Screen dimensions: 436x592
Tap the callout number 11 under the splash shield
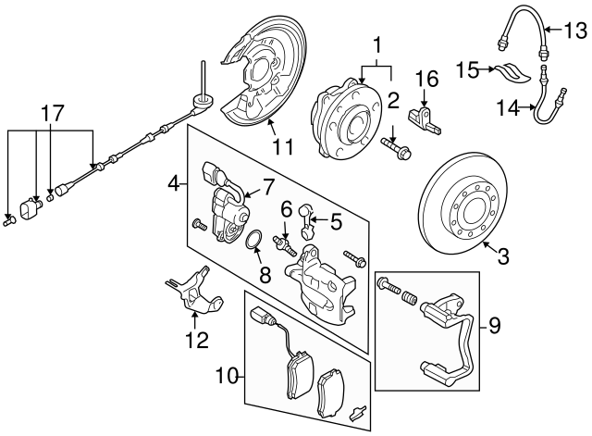[x=282, y=145]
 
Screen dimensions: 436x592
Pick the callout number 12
[x=196, y=341]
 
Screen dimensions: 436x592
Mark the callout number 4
[x=173, y=185]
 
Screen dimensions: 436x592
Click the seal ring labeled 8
[x=253, y=243]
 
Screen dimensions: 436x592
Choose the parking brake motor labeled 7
[x=223, y=208]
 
